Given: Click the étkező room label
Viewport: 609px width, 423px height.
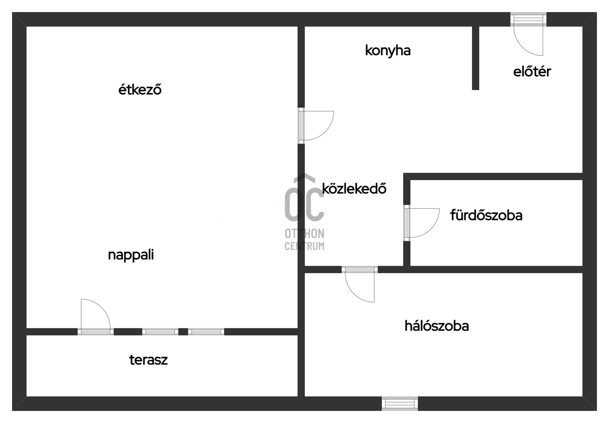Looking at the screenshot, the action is coord(140,90).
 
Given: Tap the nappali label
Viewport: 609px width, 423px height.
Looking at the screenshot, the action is coord(131,255).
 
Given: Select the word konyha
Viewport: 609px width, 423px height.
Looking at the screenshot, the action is coord(388,51).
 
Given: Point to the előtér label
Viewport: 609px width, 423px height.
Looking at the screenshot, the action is coord(532,71).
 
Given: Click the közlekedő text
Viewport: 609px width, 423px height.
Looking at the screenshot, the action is coord(354,188).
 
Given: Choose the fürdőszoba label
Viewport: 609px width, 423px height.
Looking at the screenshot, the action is coord(486,215).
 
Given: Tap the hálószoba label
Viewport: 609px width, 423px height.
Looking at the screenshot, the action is coord(436,326).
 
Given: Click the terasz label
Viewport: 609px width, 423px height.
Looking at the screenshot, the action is coord(148,360).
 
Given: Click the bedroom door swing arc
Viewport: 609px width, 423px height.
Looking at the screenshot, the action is coord(360,287).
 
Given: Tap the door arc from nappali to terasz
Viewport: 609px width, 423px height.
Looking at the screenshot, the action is coord(95,314).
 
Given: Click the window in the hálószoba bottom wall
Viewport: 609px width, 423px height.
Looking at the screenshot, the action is coord(400,403).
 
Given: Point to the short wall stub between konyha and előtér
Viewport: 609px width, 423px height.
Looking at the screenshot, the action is coord(475,58).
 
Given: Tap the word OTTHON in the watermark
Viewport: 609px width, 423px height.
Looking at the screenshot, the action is coord(304,234).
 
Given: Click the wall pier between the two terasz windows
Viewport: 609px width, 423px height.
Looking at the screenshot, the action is coord(183,332).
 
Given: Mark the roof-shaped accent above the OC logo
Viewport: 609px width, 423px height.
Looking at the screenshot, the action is coord(304,178).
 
